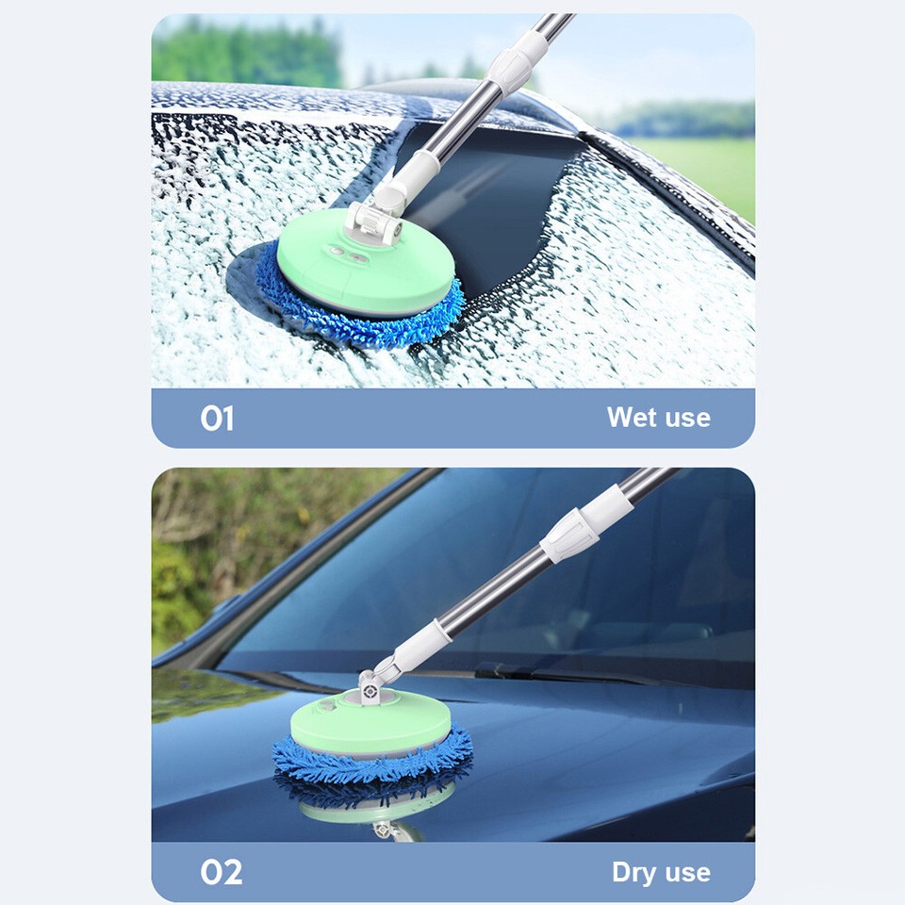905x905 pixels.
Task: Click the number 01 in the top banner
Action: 217,418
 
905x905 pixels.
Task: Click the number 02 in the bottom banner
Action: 221,872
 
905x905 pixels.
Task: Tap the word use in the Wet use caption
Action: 684,417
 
